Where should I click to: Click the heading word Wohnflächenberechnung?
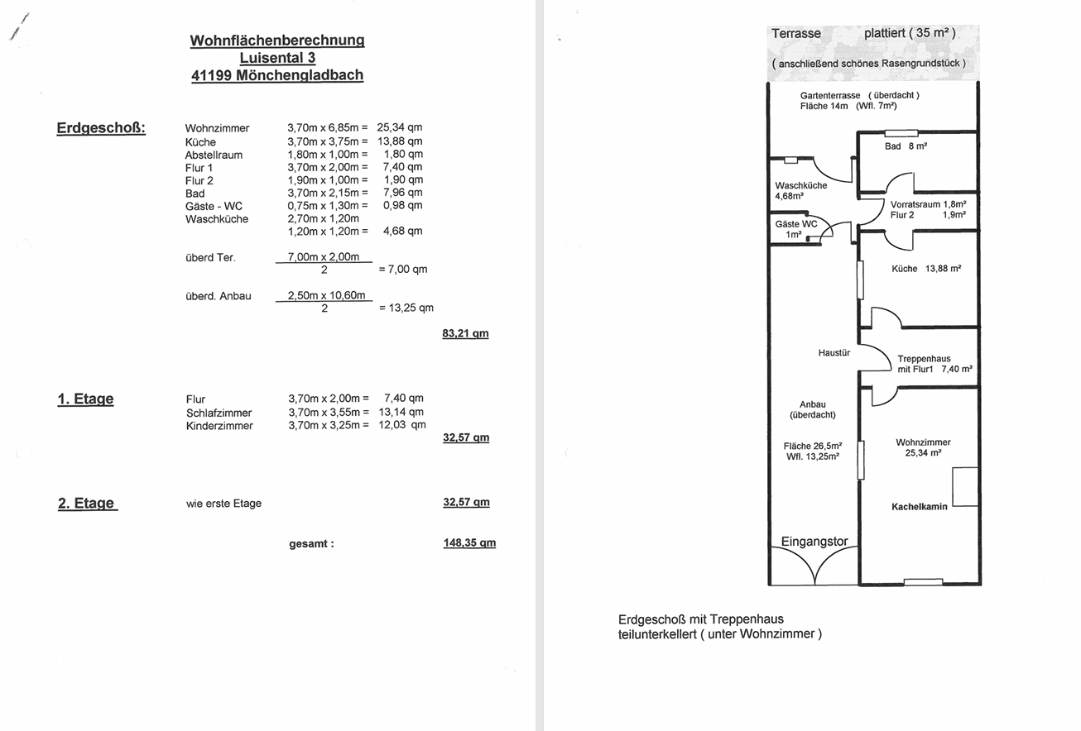277,40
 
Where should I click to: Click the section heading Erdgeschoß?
101,128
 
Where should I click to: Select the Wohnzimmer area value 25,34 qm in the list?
400,128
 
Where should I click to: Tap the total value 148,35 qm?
469,543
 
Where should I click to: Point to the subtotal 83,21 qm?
465,334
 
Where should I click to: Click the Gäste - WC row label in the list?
214,206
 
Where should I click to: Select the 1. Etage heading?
85,399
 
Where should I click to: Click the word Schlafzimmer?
219,413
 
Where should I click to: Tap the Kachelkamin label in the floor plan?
919,507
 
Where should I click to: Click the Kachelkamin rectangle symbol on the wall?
964,487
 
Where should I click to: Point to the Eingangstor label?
814,542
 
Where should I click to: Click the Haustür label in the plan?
834,353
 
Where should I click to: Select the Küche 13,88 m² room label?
925,269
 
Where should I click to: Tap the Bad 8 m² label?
906,146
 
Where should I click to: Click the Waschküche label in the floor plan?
800,186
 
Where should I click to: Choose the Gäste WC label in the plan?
795,224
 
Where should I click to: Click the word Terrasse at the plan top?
796,34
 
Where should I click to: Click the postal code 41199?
211,75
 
